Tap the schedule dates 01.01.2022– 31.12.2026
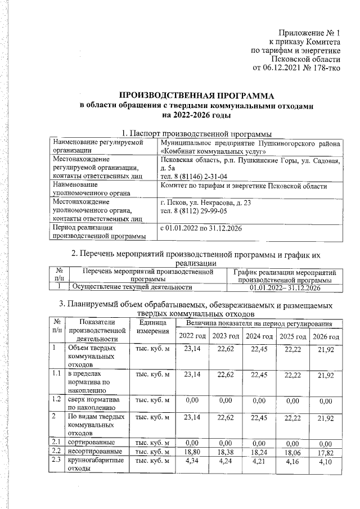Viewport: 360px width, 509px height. click(285, 288)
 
